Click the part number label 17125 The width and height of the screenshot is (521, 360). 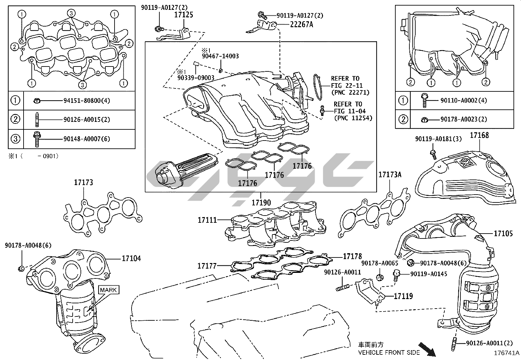(183, 15)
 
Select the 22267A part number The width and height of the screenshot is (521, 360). (301, 24)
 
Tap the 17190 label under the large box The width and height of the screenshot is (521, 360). (261, 203)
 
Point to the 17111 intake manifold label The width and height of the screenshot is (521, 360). (207, 220)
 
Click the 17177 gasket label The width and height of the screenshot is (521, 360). (207, 266)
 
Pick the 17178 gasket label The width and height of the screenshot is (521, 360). (352, 256)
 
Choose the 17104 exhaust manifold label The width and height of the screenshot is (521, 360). (131, 258)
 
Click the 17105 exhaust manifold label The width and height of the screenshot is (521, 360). (503, 233)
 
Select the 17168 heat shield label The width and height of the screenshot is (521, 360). (479, 135)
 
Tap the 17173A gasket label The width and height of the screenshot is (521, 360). (390, 175)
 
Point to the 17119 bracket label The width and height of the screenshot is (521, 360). (403, 296)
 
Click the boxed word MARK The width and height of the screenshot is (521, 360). (108, 290)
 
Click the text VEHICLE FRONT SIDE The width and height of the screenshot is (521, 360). (389, 352)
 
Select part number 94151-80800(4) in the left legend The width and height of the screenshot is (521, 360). (86, 101)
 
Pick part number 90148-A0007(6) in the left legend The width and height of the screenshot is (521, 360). (86, 139)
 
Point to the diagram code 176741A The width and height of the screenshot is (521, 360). (507, 353)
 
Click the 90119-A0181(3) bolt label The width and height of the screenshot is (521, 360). (438, 139)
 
